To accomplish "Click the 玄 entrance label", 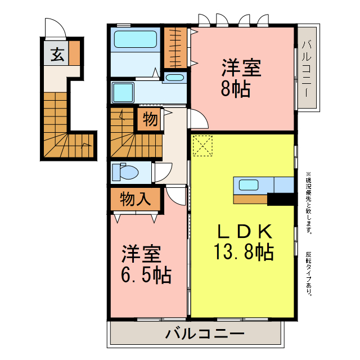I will tap(57, 55).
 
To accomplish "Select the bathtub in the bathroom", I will tap(135, 39).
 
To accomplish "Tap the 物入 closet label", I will tap(135, 199).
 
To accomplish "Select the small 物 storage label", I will tap(150, 119).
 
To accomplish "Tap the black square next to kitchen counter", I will tap(281, 199).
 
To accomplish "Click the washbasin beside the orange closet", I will tap(175, 78).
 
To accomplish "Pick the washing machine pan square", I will tap(122, 92).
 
